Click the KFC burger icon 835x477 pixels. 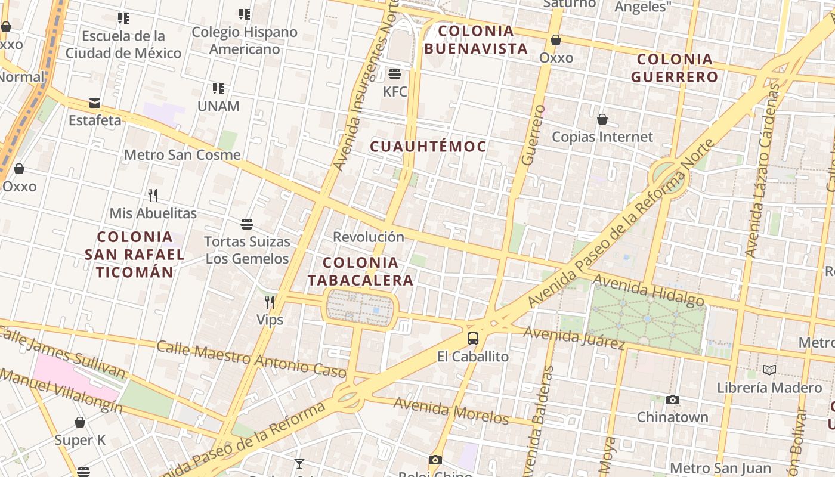[394, 74]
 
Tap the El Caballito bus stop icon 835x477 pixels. [473, 339]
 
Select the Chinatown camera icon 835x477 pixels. [673, 399]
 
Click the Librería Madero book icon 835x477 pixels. [769, 370]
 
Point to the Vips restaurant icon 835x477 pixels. [270, 302]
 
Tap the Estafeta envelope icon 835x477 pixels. [95, 103]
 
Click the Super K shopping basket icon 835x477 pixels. [80, 423]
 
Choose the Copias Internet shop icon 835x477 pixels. [602, 119]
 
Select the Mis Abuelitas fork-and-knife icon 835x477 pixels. [153, 195]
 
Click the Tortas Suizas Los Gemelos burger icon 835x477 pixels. [247, 224]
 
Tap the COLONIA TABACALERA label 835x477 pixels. [360, 271]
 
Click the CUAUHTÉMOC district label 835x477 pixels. [428, 146]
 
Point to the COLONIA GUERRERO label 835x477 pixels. [675, 68]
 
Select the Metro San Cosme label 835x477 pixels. [183, 155]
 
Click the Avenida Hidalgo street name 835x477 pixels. [648, 290]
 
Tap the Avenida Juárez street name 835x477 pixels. [574, 337]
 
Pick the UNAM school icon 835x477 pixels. [218, 89]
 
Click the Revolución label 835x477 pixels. [368, 237]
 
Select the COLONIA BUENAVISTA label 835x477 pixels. [476, 39]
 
